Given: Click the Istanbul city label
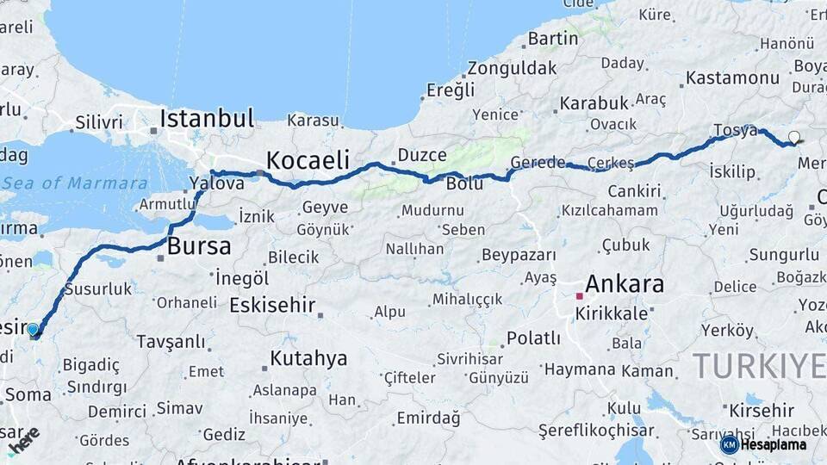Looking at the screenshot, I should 207,118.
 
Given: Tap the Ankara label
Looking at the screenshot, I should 625,283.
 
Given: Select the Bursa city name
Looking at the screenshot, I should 199,246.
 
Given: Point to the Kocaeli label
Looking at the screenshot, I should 308,159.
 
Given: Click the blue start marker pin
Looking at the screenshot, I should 33,329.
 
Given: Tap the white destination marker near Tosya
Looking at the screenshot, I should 794,136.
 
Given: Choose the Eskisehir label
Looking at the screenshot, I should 272,306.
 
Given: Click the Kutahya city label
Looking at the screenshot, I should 308,358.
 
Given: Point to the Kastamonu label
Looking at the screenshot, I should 733,78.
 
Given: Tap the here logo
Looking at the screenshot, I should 24,440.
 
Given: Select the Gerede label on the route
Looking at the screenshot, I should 538,162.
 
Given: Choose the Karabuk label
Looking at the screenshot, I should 594,103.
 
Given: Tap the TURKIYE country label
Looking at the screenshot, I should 758,366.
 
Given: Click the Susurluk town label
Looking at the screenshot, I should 97,289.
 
